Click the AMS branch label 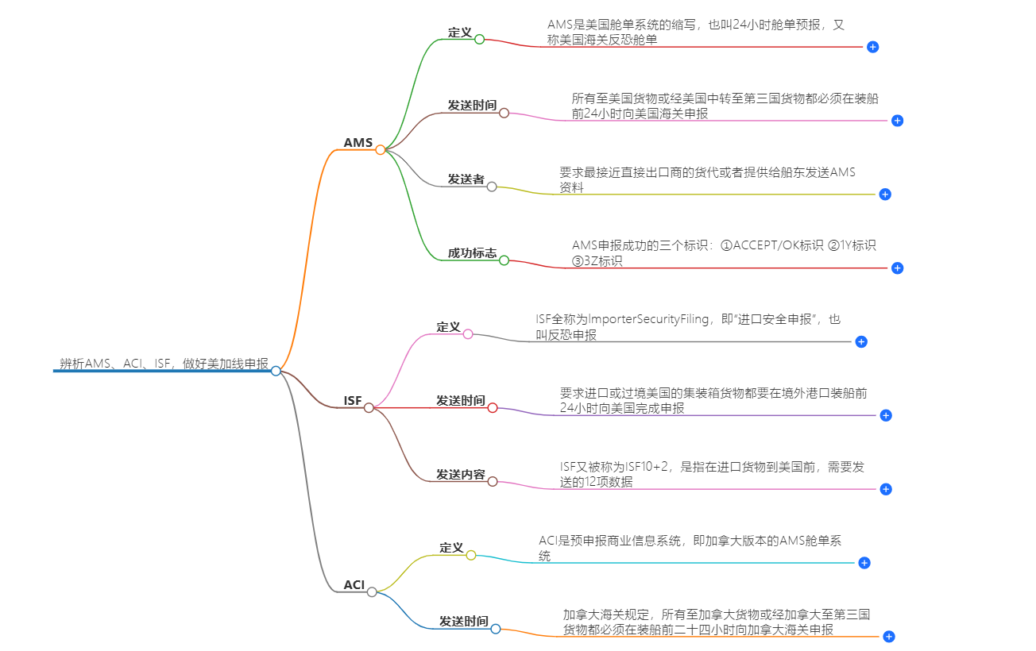click(x=358, y=143)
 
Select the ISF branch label click(x=352, y=401)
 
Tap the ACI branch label click(x=354, y=585)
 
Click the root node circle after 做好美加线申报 click(x=276, y=371)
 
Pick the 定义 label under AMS click(x=459, y=33)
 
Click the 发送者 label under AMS click(x=466, y=179)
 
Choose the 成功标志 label click(x=472, y=253)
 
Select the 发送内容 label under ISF click(x=460, y=474)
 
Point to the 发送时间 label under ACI click(x=463, y=622)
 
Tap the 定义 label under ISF click(x=448, y=327)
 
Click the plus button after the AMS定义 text click(x=872, y=47)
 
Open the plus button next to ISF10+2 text click(x=886, y=489)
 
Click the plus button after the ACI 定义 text click(x=864, y=563)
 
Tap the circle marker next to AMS click(x=381, y=149)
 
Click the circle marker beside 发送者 click(x=492, y=187)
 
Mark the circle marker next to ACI click(x=372, y=592)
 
